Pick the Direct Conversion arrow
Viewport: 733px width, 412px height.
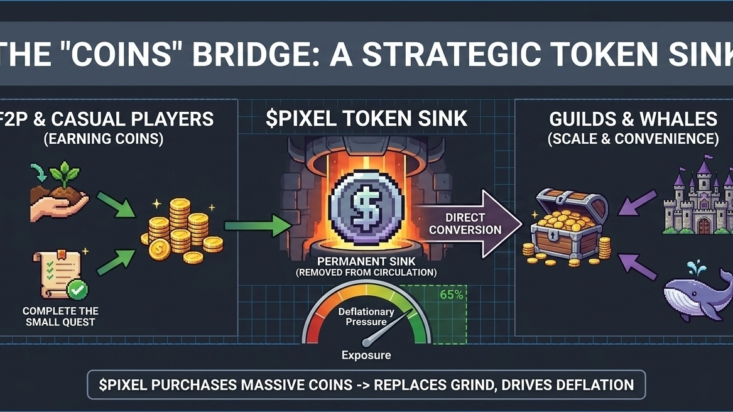point(468,224)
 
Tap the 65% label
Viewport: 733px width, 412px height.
point(452,294)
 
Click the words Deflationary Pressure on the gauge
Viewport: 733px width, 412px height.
point(366,317)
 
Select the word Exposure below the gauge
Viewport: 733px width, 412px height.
point(366,355)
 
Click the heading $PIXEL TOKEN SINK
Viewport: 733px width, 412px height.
point(366,119)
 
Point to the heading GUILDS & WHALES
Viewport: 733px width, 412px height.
point(633,119)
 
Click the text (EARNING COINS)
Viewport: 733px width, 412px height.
point(103,139)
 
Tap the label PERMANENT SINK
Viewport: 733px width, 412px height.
point(366,261)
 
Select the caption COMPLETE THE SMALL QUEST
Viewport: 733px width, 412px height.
point(60,317)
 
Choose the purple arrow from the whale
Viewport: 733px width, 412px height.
point(636,266)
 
